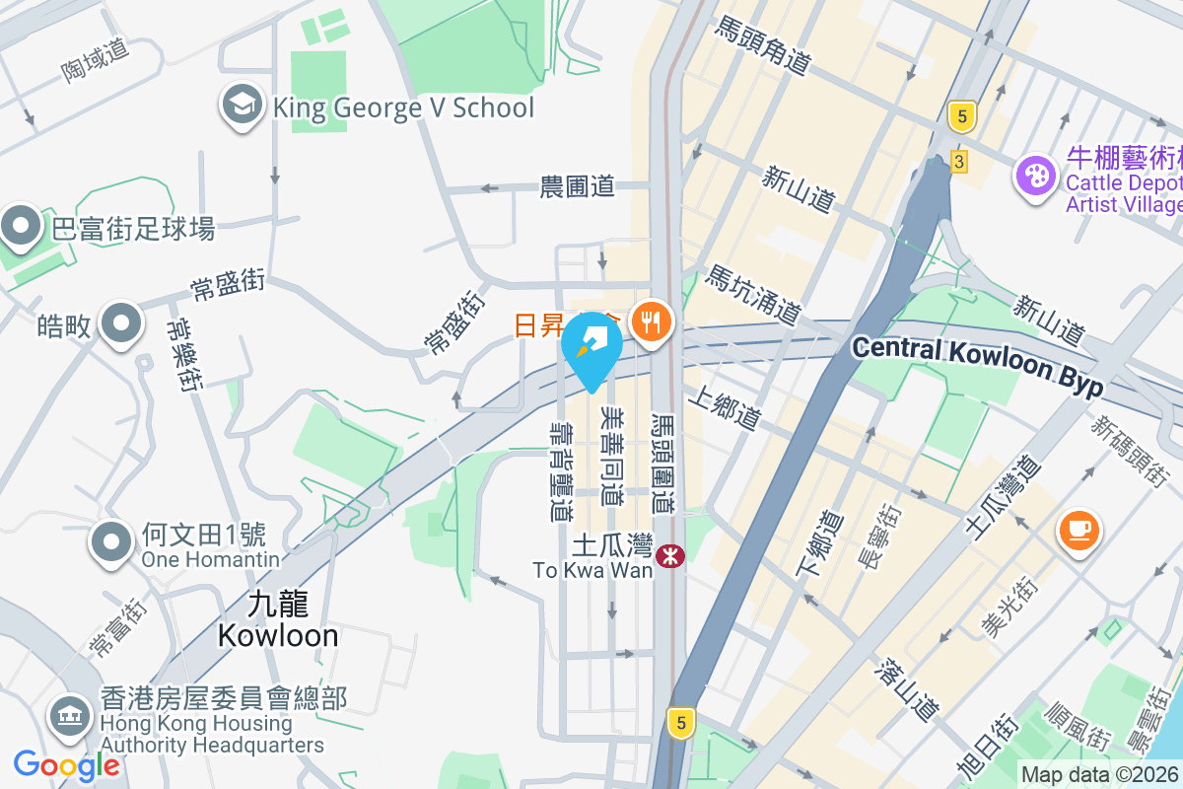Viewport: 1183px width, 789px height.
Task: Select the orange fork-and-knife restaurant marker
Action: click(x=650, y=322)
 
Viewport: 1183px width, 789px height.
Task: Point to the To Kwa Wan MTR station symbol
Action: click(x=671, y=556)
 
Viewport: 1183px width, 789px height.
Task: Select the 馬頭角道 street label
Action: click(x=763, y=44)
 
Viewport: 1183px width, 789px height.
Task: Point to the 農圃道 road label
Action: click(x=577, y=185)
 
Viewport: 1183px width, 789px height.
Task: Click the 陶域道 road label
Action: click(x=96, y=59)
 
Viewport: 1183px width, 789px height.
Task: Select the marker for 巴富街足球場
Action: click(x=21, y=229)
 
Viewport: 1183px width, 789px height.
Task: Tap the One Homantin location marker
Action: click(x=111, y=542)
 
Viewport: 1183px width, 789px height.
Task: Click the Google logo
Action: click(x=66, y=765)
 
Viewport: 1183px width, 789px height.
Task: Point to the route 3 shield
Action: click(x=959, y=161)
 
